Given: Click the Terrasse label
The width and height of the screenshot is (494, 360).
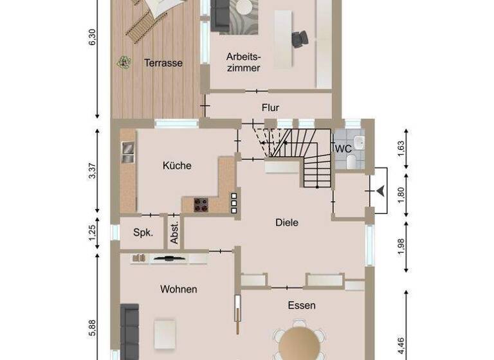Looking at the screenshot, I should point(163,63).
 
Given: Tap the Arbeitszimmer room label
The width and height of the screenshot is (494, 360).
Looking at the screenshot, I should point(243,62).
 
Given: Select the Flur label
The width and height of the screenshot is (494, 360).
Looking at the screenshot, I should point(270,108).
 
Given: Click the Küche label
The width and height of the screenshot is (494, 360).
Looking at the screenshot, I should point(177,165).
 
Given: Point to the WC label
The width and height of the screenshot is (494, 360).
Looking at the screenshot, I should point(343,148).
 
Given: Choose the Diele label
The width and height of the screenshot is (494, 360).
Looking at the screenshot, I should point(287,222).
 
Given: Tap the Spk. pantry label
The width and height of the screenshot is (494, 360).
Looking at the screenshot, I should point(143,233).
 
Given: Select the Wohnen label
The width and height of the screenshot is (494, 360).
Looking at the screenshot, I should point(178,289).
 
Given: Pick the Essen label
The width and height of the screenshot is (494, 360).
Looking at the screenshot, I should point(302,305).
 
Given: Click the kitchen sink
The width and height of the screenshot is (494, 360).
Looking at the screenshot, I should point(127,151).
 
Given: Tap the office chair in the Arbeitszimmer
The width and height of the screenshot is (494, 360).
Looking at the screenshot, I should point(299,40).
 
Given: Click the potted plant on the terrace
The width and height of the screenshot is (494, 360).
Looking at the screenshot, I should point(122,62).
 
